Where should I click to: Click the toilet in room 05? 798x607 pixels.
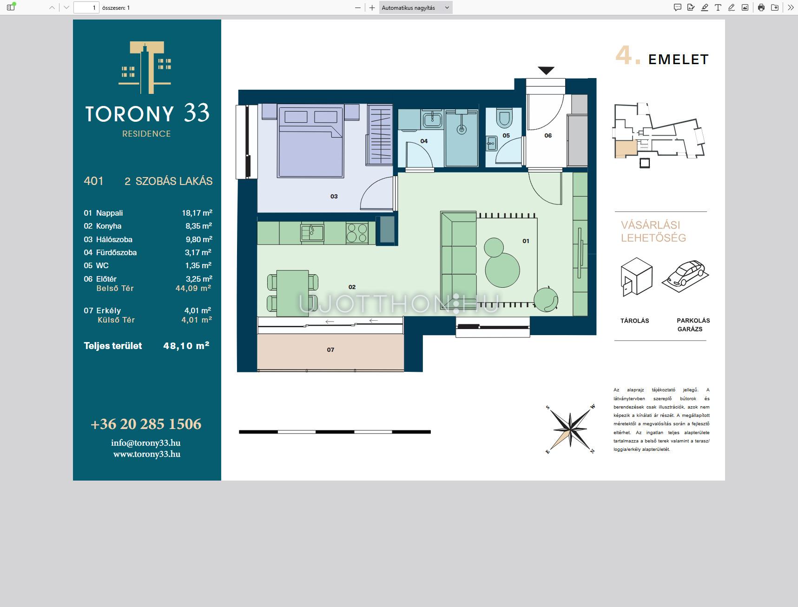pyautogui.click(x=503, y=118)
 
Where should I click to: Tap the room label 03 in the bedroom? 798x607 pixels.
pyautogui.click(x=334, y=197)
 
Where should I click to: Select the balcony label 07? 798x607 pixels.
pyautogui.click(x=330, y=350)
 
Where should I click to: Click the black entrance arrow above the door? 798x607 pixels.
pyautogui.click(x=546, y=71)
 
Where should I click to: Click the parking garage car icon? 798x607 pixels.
pyautogui.click(x=686, y=276)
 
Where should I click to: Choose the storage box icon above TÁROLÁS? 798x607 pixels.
pyautogui.click(x=636, y=277)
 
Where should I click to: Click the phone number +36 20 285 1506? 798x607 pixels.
pyautogui.click(x=146, y=424)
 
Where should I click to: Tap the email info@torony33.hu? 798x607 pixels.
pyautogui.click(x=146, y=443)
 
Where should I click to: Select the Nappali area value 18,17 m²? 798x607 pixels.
pyautogui.click(x=197, y=213)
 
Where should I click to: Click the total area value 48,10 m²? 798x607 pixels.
pyautogui.click(x=186, y=346)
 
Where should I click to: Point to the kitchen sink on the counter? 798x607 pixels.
pyautogui.click(x=312, y=232)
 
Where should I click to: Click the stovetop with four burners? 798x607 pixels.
pyautogui.click(x=357, y=233)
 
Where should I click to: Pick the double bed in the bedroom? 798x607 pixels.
pyautogui.click(x=310, y=141)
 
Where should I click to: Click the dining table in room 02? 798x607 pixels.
pyautogui.click(x=292, y=293)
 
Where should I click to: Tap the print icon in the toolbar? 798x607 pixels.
pyautogui.click(x=761, y=7)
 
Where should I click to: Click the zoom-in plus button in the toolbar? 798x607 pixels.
pyautogui.click(x=372, y=7)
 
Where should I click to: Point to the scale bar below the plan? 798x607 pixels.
pyautogui.click(x=335, y=432)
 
